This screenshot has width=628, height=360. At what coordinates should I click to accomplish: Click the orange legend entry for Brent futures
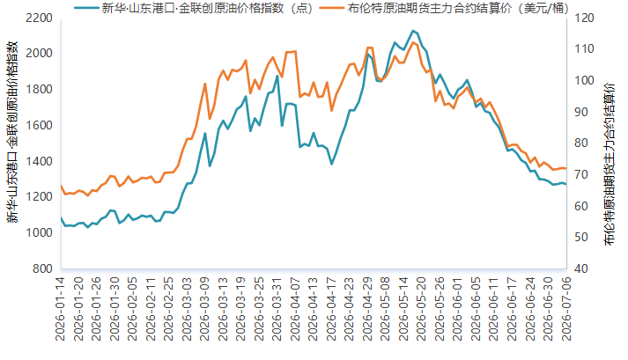[x=444, y=8]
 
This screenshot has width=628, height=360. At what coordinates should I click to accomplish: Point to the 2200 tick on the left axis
[x=39, y=18]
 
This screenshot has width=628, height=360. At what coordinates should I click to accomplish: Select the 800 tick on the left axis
[x=42, y=268]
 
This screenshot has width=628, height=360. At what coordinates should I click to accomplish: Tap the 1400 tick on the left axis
[x=39, y=161]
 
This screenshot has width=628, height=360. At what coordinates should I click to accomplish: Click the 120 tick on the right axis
[x=584, y=18]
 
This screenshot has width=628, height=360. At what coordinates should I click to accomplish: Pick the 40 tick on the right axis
[x=581, y=268]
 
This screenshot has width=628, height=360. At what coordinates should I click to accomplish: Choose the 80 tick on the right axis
[x=581, y=143]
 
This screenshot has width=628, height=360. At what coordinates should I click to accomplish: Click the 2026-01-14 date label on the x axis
[x=61, y=309]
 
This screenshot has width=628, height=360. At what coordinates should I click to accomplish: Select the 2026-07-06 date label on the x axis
[x=566, y=309]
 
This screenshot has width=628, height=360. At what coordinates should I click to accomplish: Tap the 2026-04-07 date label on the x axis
[x=295, y=309]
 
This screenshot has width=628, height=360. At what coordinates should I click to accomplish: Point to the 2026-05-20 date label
[x=421, y=309]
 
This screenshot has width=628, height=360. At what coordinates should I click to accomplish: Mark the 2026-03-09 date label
[x=204, y=309]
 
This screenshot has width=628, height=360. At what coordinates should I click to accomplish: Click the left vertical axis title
[x=12, y=132]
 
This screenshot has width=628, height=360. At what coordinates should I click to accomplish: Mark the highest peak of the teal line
[x=413, y=31]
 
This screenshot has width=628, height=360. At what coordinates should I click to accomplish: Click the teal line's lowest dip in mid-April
[x=331, y=164]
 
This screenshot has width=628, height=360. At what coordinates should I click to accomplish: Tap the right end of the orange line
[x=566, y=169]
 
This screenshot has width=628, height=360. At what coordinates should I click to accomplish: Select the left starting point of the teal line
[x=62, y=218]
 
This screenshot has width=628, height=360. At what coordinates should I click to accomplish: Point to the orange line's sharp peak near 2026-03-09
[x=205, y=84]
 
